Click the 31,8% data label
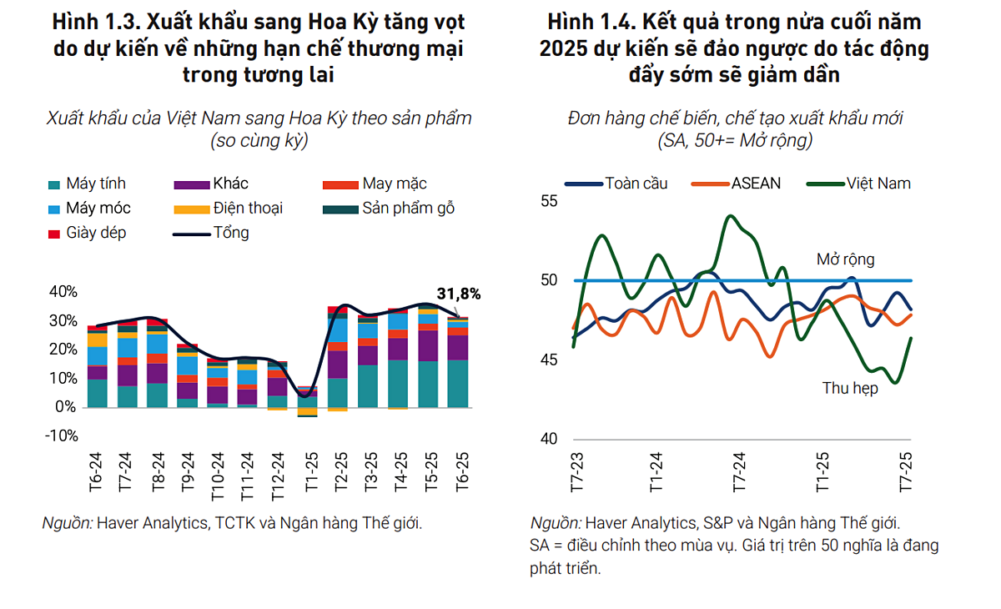pos(460,294)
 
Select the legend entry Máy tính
pos(88,184)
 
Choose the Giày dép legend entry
pos(88,233)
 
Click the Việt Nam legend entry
pos(859,183)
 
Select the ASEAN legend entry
pos(737,183)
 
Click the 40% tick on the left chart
pos(63,292)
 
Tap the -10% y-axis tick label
pos(62,435)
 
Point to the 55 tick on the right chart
pos(548,201)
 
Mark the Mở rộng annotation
pos(845,259)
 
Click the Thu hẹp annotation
pos(850,388)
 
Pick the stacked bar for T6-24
pos(98,366)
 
